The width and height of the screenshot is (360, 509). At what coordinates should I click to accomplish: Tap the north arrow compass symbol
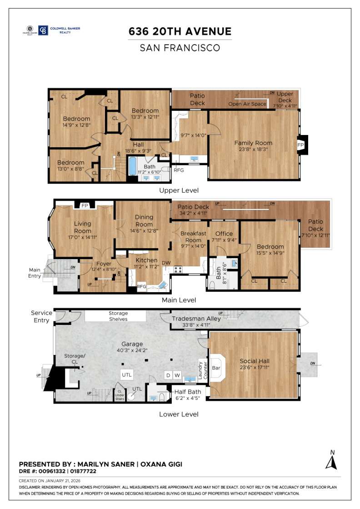[x=331, y=460]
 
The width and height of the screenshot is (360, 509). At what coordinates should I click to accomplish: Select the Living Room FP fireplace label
[x=84, y=205]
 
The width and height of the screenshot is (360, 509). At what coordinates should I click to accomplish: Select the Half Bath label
[x=187, y=392]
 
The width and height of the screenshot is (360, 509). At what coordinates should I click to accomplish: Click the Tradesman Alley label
[x=196, y=319]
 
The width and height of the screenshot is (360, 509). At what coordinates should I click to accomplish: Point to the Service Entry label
[x=41, y=316]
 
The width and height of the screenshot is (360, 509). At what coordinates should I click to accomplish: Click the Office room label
[x=224, y=234]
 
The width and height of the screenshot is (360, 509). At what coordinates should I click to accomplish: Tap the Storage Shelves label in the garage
[x=118, y=316]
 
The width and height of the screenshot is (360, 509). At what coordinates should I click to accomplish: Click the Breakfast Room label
[x=193, y=236]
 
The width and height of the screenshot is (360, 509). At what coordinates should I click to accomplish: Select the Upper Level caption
[x=180, y=190]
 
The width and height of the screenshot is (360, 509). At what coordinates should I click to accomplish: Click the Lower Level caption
[x=179, y=414]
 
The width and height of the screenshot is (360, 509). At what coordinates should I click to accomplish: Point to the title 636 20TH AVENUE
[x=180, y=31]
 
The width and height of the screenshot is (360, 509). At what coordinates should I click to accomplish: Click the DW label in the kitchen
[x=166, y=263]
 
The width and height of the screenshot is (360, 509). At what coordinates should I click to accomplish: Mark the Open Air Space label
[x=247, y=104]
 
